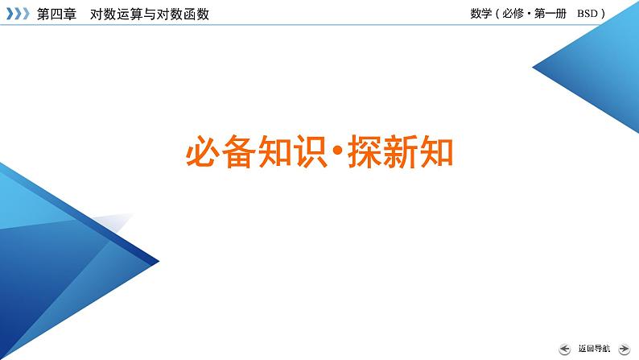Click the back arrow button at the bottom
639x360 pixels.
click(565, 349)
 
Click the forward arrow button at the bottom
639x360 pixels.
click(625, 349)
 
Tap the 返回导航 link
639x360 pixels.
click(594, 349)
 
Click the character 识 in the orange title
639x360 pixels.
click(309, 152)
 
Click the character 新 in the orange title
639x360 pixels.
click(401, 152)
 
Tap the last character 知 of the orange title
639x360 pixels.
click(436, 152)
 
